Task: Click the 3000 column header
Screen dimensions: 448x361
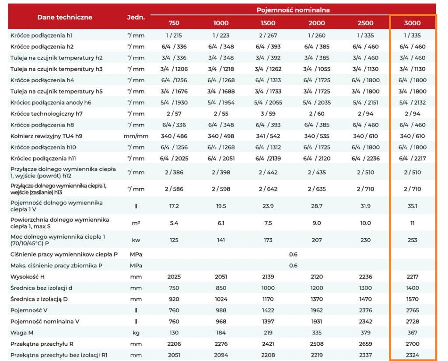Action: pyautogui.click(x=412, y=23)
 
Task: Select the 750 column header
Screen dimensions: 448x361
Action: pyautogui.click(x=174, y=23)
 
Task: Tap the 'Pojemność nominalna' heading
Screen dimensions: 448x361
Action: pyautogui.click(x=293, y=10)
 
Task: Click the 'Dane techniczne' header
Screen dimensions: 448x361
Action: pyautogui.click(x=65, y=17)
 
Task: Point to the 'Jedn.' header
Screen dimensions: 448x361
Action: pyautogui.click(x=136, y=17)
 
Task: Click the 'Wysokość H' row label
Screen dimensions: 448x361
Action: pyautogui.click(x=28, y=277)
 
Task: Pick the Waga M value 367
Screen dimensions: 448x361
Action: pyautogui.click(x=412, y=333)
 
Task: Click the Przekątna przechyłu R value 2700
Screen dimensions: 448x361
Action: pyautogui.click(x=412, y=344)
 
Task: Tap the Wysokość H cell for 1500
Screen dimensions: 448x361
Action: pyautogui.click(x=268, y=277)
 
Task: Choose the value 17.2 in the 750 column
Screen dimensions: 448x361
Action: pyautogui.click(x=174, y=206)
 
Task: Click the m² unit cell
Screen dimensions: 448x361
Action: pyautogui.click(x=136, y=223)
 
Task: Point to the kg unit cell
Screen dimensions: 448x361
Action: pyautogui.click(x=136, y=333)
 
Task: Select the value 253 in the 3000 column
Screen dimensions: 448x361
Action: pyautogui.click(x=412, y=240)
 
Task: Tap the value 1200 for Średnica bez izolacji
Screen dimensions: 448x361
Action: pyautogui.click(x=317, y=288)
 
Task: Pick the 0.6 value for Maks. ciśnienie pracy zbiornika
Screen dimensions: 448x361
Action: pyautogui.click(x=293, y=266)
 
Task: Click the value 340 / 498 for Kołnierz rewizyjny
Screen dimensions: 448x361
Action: pyautogui.click(x=221, y=136)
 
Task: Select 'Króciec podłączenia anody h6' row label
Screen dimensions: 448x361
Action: pyautogui.click(x=51, y=103)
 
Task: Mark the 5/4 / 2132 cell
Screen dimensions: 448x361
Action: pyautogui.click(x=412, y=103)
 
